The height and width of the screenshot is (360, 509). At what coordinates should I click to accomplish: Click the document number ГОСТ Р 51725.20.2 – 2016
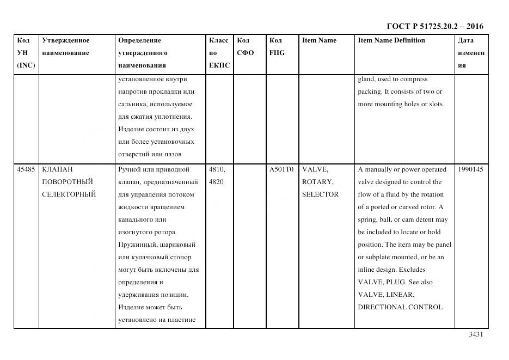click(434, 26)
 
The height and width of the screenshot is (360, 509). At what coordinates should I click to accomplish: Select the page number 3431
click(476, 334)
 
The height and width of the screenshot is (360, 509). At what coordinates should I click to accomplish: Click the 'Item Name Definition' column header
click(391, 40)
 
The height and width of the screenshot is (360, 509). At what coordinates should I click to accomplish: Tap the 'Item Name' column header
click(319, 40)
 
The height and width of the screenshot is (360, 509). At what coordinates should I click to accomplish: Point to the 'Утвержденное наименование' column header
click(66, 47)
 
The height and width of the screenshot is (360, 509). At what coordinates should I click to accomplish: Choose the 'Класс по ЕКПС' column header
click(219, 53)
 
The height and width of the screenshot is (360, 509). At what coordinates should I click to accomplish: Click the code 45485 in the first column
click(26, 169)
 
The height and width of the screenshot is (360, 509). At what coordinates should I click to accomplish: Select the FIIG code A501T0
click(281, 169)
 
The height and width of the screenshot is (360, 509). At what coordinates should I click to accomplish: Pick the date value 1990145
click(470, 169)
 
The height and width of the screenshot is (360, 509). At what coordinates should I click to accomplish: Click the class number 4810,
click(218, 169)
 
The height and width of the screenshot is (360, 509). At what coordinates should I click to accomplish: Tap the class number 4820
click(216, 182)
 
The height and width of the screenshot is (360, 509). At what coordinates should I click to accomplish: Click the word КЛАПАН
click(57, 169)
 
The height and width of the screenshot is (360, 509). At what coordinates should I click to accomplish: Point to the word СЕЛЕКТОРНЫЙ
click(69, 194)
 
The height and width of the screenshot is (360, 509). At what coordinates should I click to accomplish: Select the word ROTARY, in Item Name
click(317, 182)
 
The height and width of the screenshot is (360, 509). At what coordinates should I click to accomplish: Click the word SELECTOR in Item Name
click(320, 194)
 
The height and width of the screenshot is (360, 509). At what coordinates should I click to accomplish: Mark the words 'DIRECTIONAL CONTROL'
click(400, 307)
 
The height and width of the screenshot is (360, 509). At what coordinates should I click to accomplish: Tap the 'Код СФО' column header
click(246, 47)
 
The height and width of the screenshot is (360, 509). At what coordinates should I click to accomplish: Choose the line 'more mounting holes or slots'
click(400, 104)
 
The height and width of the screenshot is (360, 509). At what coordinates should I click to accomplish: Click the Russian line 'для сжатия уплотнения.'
click(155, 117)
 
